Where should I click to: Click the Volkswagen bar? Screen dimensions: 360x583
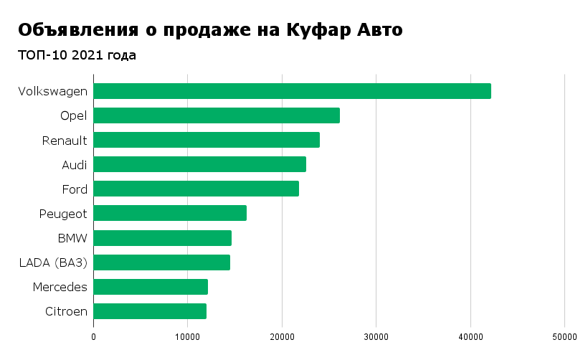[x=292, y=91]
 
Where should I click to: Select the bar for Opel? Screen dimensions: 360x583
[x=217, y=115]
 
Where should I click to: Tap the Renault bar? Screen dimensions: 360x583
[x=207, y=140]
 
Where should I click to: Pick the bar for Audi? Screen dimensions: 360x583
[x=199, y=164]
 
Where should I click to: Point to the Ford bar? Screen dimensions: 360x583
[x=196, y=189]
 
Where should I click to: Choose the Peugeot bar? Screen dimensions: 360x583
[x=170, y=213]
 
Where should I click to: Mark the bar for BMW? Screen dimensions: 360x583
[x=162, y=238]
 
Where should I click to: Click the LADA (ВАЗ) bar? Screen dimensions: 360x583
[x=161, y=262]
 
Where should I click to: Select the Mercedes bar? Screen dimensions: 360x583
[x=151, y=287]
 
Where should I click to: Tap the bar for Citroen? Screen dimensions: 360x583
[x=150, y=311]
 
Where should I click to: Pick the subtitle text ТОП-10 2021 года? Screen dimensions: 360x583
[x=77, y=55]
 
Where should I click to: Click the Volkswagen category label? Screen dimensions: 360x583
[x=53, y=92]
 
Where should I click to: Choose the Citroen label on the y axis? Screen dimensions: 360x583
[x=66, y=311]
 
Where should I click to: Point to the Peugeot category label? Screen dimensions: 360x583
[x=63, y=214]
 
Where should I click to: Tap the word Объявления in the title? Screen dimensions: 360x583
[x=77, y=30]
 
